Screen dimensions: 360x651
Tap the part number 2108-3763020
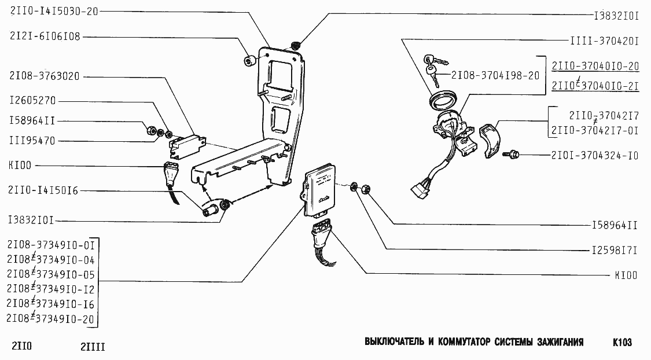[45, 76]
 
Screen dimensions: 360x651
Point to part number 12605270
[32, 100]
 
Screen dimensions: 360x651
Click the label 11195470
[32, 141]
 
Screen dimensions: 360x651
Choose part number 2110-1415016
[45, 190]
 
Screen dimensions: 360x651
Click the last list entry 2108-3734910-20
[51, 319]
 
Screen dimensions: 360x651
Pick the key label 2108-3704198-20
[495, 75]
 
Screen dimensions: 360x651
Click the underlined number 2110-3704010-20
[595, 65]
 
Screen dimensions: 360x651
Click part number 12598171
[614, 251]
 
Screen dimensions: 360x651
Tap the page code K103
[622, 342]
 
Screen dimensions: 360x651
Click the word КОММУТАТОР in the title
[461, 342]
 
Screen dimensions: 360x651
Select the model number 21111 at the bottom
[93, 347]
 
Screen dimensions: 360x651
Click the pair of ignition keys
[434, 65]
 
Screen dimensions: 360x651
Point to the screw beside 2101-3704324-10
[512, 154]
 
